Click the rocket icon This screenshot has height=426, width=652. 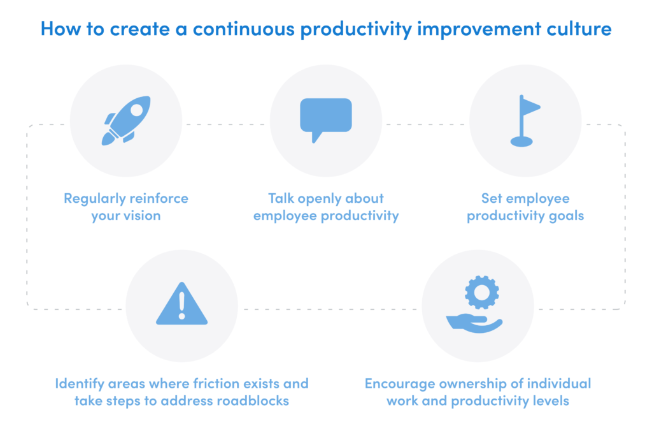tap(127, 120)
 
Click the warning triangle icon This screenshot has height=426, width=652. tap(182, 305)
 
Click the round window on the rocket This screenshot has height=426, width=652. tap(136, 110)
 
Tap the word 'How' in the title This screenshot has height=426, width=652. tap(59, 29)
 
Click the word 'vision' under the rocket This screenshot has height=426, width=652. tap(143, 216)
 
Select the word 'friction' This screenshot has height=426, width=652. tap(222, 384)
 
